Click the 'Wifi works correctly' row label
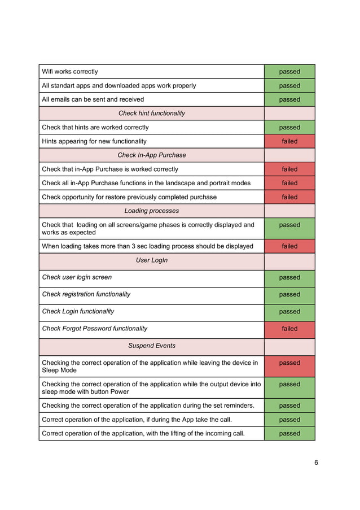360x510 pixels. (70, 72)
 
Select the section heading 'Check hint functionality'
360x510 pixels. (151, 114)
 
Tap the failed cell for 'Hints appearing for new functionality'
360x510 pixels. (289, 141)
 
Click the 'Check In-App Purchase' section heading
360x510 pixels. (151, 155)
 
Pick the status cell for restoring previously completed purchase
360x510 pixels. (289, 197)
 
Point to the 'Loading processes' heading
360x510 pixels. (151, 211)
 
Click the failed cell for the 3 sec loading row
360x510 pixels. (289, 246)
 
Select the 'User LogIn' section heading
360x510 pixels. (151, 261)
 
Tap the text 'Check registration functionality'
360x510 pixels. (86, 294)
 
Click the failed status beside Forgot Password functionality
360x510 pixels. (289, 329)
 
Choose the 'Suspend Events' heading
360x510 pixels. (151, 346)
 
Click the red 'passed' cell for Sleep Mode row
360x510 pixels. (289, 363)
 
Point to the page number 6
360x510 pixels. (316, 463)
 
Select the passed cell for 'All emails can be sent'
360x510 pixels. (289, 99)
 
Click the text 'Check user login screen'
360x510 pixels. (77, 277)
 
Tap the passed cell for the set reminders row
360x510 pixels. (289, 406)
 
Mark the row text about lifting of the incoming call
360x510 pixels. (143, 434)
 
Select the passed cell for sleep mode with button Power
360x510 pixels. (289, 385)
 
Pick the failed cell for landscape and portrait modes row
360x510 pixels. (289, 183)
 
